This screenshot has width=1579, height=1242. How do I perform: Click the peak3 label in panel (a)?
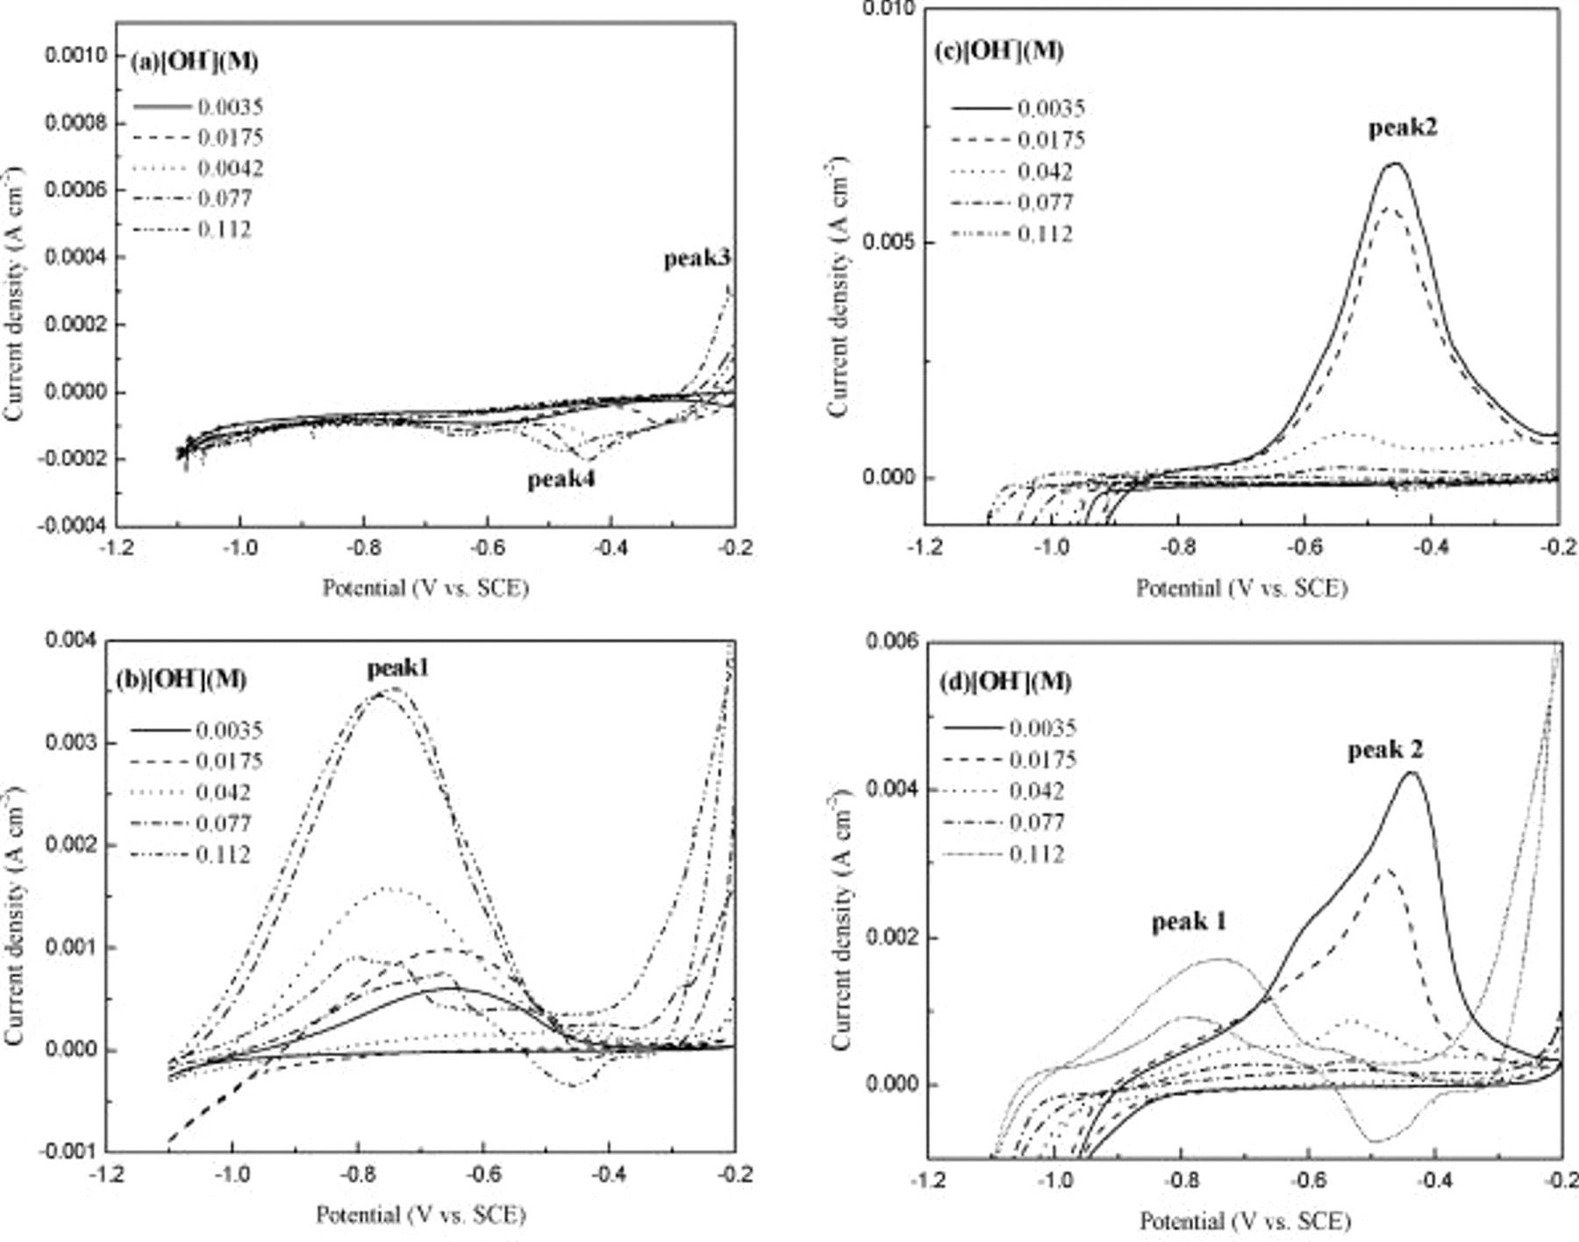(697, 259)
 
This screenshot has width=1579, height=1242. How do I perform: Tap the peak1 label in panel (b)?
(397, 668)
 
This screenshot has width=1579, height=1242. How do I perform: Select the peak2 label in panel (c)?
(1403, 128)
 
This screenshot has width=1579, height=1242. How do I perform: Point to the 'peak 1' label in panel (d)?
(1189, 921)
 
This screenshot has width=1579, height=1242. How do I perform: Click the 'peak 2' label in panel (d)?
(1385, 749)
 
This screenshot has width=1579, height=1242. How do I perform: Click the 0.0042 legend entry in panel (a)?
(230, 168)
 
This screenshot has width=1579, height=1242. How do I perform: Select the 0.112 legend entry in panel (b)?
(223, 854)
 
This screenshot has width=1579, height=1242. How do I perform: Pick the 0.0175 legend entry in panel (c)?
(1051, 139)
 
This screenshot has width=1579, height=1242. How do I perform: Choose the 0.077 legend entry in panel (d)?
(1037, 823)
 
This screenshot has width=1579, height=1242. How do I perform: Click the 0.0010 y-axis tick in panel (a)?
(75, 55)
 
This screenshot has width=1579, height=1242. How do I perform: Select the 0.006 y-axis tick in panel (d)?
(891, 642)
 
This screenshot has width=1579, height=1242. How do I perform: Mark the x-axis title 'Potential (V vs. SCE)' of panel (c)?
(1241, 589)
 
